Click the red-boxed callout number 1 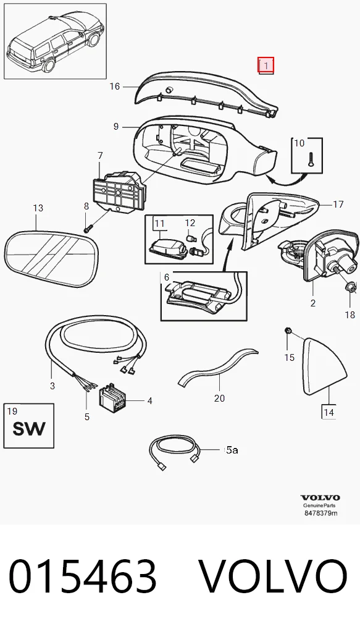pyautogui.click(x=266, y=65)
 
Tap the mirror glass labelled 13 pyautogui.click(x=51, y=258)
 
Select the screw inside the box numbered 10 pyautogui.click(x=310, y=159)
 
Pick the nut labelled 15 pyautogui.click(x=288, y=331)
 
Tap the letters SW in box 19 pyautogui.click(x=29, y=429)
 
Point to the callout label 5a pyautogui.click(x=232, y=450)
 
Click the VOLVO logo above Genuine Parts pyautogui.click(x=320, y=498)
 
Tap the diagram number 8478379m pyautogui.click(x=320, y=513)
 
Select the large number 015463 pyautogui.click(x=82, y=576)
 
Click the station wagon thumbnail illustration pyautogui.click(x=55, y=41)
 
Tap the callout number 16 pyautogui.click(x=115, y=87)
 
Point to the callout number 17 pyautogui.click(x=338, y=204)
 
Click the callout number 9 pyautogui.click(x=116, y=127)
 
